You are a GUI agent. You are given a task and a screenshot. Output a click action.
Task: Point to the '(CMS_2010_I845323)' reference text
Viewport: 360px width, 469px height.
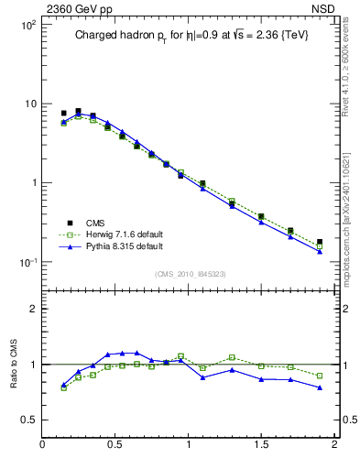tap(189, 272)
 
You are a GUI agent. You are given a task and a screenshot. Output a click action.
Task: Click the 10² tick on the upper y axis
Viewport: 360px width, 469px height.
tap(27, 25)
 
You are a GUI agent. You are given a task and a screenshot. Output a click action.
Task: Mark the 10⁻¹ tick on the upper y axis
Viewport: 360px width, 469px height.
tap(27, 262)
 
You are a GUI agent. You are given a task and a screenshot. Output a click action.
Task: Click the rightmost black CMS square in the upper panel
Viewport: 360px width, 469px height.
tap(320, 242)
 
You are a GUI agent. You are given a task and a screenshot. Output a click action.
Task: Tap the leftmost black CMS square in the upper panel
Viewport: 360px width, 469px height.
tap(63, 114)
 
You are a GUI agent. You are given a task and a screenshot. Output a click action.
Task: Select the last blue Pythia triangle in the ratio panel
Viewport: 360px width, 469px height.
tap(320, 387)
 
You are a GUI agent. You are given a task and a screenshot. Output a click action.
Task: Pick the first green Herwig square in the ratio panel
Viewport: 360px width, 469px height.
tap(63, 387)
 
